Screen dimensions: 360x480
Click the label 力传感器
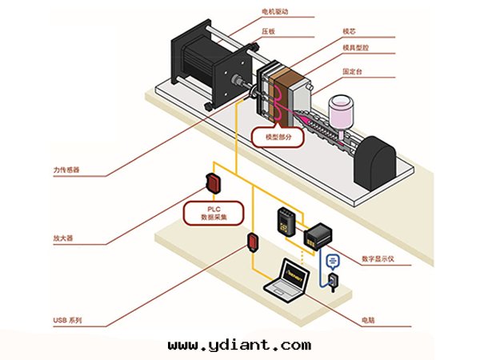(x=66, y=170)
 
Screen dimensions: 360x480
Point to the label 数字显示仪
(x=379, y=258)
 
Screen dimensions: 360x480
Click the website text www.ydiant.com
(x=240, y=345)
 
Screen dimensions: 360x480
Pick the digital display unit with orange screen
(x=320, y=234)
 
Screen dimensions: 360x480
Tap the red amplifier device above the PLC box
(x=214, y=182)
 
